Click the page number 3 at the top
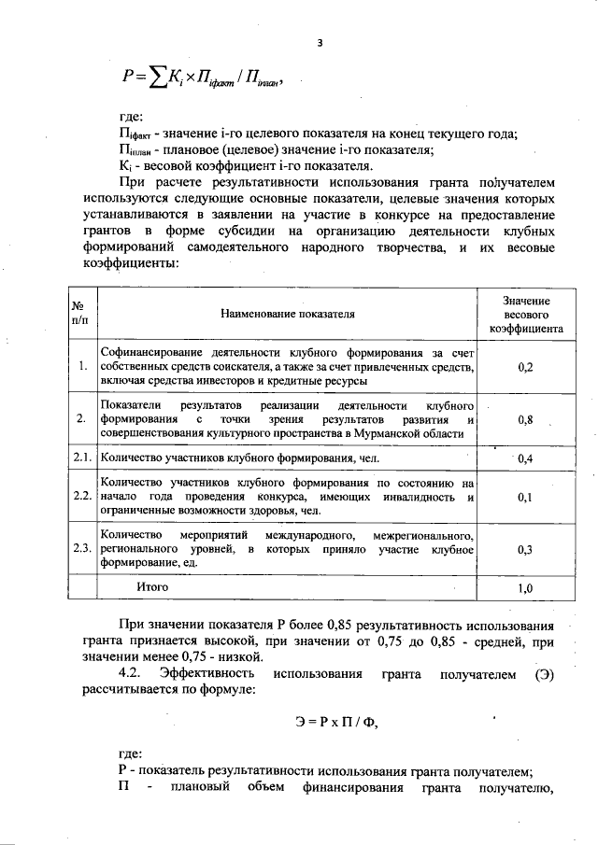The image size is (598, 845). pyautogui.click(x=320, y=43)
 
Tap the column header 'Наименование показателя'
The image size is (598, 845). pyautogui.click(x=288, y=315)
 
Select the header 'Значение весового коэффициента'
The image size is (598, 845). pyautogui.click(x=525, y=315)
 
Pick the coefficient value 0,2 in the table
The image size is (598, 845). pyautogui.click(x=525, y=368)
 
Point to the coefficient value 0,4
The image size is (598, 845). pyautogui.click(x=525, y=458)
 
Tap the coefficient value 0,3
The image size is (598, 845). pyautogui.click(x=525, y=550)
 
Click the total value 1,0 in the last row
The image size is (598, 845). pyautogui.click(x=525, y=588)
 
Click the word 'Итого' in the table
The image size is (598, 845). pyautogui.click(x=152, y=587)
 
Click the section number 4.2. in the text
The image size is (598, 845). pyautogui.click(x=133, y=674)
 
